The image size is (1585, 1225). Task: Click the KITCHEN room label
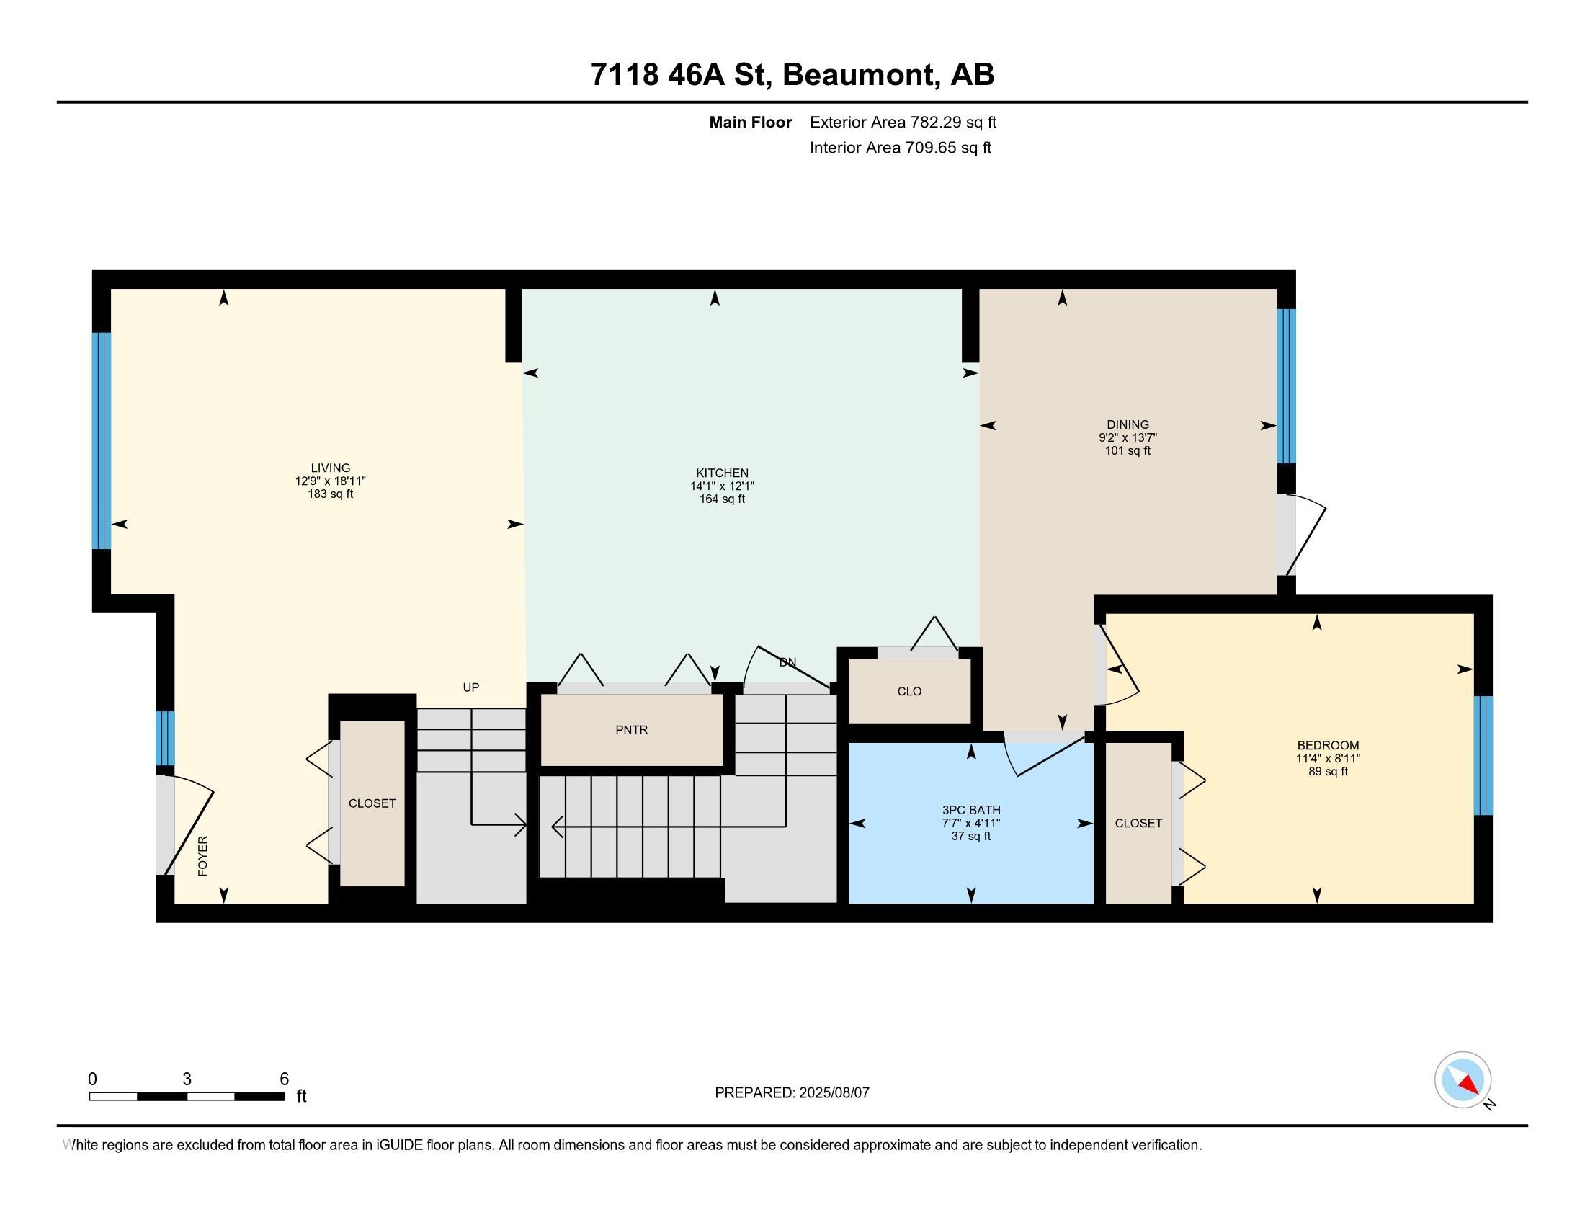coord(721,473)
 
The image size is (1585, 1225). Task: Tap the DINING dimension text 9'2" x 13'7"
coord(1127,437)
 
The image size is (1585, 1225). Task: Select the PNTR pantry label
coord(631,730)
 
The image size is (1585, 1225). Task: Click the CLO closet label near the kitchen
coord(908,691)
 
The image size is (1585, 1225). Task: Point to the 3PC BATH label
coord(971,810)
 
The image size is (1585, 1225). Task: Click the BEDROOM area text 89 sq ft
coord(1327,772)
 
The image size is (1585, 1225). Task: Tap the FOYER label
coord(203,855)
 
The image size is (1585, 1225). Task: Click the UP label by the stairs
coord(471,687)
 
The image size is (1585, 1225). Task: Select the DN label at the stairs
coord(787,661)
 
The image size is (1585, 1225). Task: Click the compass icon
coord(1463,1079)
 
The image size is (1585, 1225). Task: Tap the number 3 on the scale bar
coord(187,1079)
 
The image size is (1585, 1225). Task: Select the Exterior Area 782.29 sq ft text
coord(903,122)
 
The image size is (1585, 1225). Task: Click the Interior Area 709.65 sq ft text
coord(900,147)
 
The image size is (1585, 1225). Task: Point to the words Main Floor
coord(750,122)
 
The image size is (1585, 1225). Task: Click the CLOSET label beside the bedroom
coord(1138,823)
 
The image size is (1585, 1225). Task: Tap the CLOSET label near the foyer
coord(372,803)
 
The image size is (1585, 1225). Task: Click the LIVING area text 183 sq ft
coord(330,494)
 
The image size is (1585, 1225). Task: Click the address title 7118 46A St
coord(680,74)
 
